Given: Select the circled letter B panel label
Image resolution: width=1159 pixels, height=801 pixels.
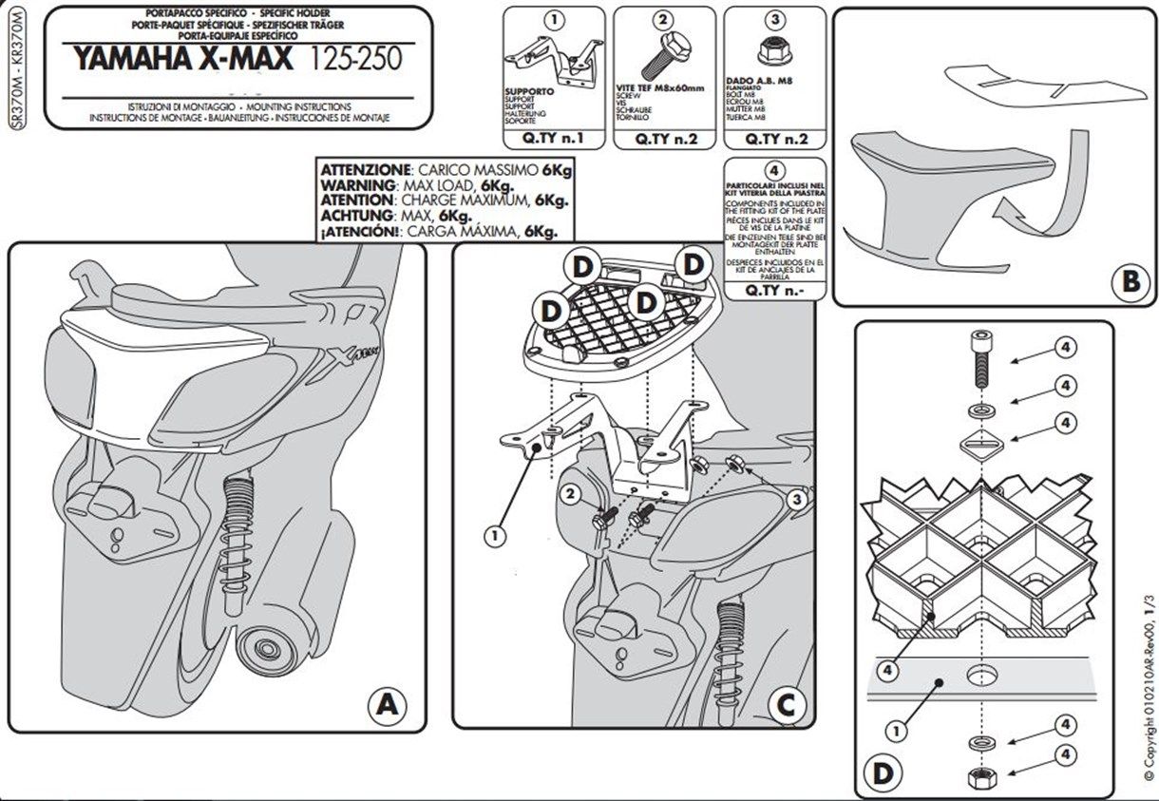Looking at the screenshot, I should (1130, 281).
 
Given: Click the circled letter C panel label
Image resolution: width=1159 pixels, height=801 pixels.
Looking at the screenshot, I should (785, 704).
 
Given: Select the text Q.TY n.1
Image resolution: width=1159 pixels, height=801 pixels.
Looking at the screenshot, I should (552, 139).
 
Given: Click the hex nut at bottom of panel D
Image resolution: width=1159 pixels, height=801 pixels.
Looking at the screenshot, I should (979, 776).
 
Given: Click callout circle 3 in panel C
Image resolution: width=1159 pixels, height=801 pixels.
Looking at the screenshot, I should (797, 497).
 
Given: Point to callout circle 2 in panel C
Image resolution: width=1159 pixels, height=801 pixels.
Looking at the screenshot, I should (570, 493).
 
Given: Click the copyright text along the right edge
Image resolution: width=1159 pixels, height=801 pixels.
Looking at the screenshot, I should (1148, 684).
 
